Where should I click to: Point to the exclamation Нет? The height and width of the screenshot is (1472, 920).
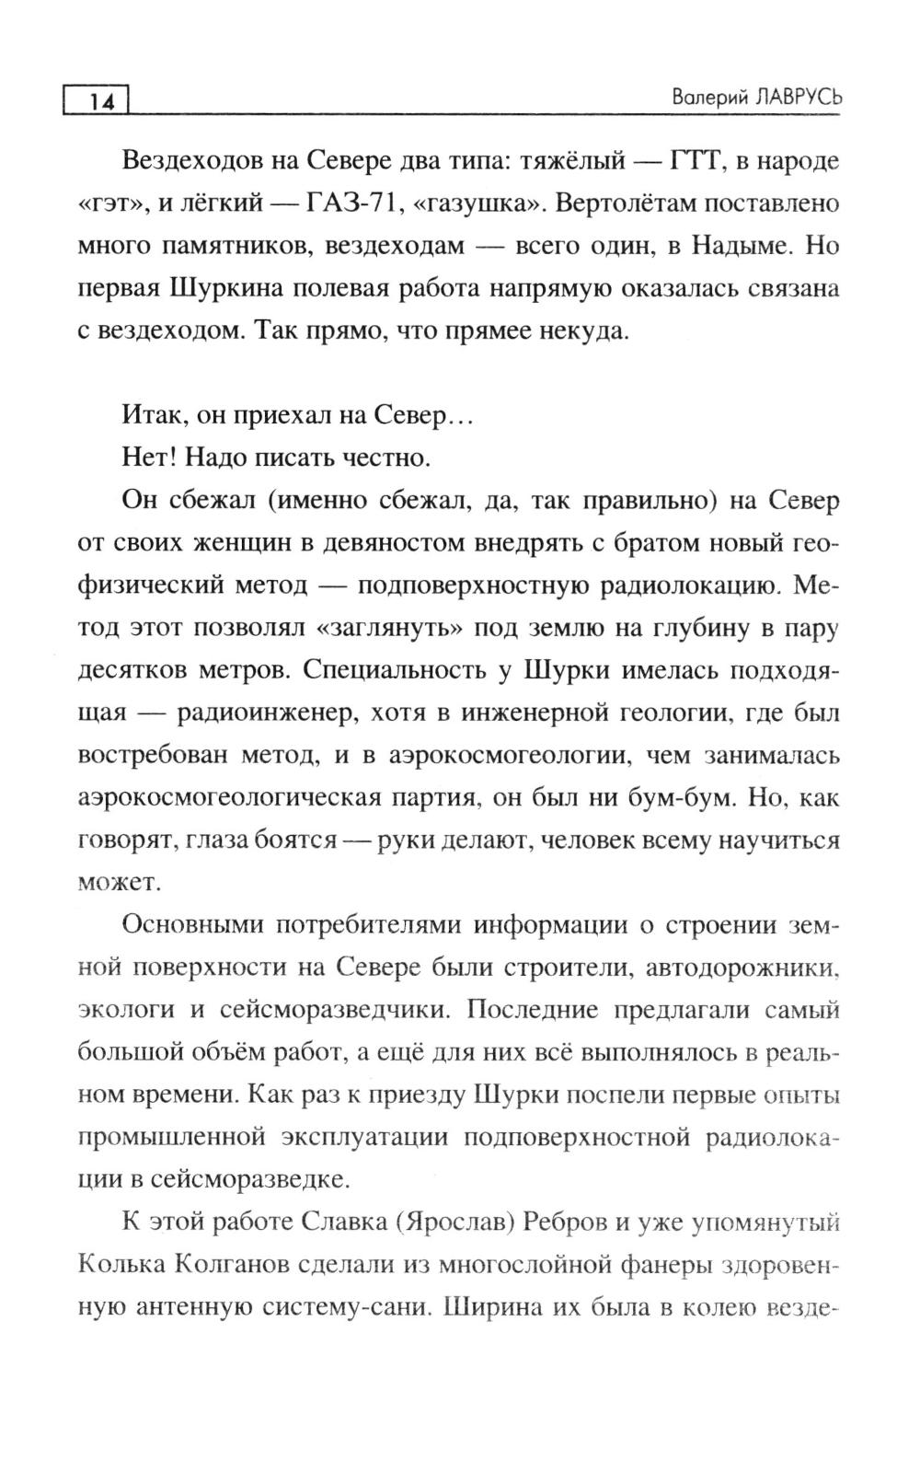pyautogui.click(x=146, y=458)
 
